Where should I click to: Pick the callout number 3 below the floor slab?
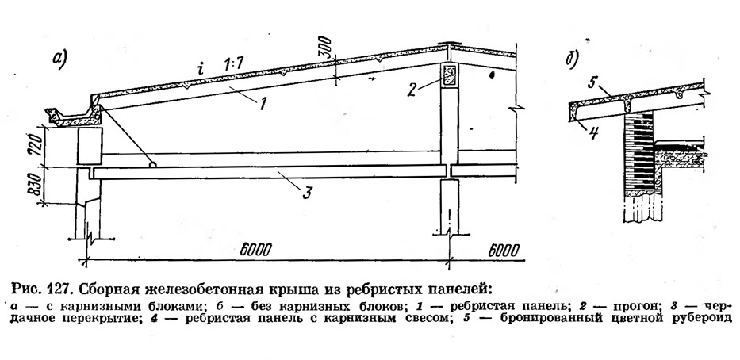307,193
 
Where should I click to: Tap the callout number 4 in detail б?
594,132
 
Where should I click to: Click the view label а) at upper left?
61,60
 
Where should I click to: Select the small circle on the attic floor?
153,164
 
